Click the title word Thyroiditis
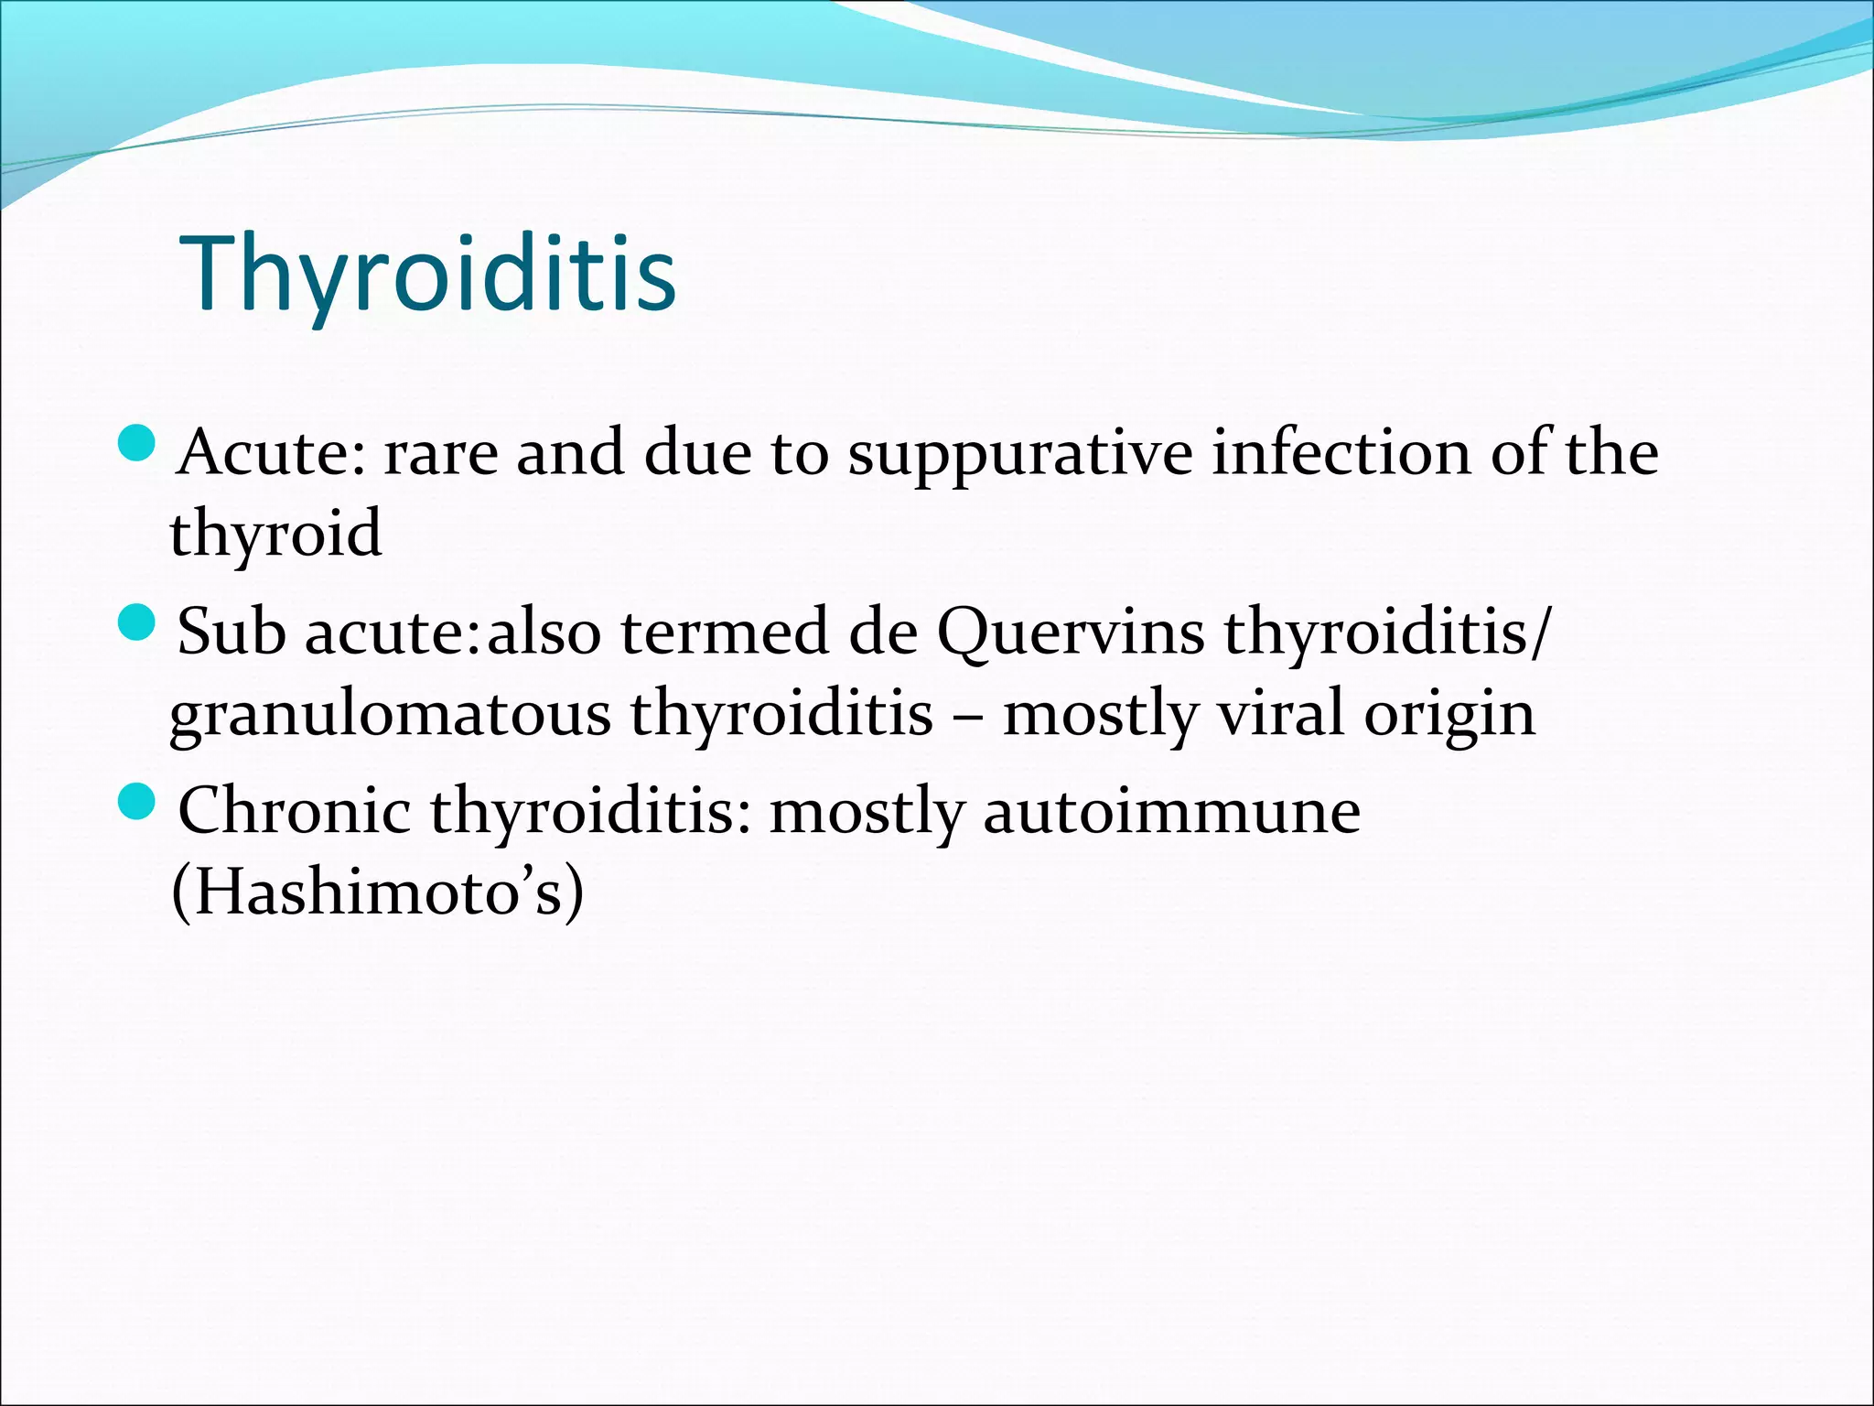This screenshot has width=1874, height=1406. (x=428, y=275)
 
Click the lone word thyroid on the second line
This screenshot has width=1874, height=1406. (x=275, y=535)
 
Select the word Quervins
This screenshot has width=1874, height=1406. (x=1071, y=633)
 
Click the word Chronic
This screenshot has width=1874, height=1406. (x=294, y=810)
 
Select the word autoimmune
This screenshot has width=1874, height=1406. (x=1172, y=812)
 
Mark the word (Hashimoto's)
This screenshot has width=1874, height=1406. (x=377, y=892)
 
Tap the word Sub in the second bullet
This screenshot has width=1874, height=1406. (x=232, y=632)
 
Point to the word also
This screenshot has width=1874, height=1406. (x=544, y=632)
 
